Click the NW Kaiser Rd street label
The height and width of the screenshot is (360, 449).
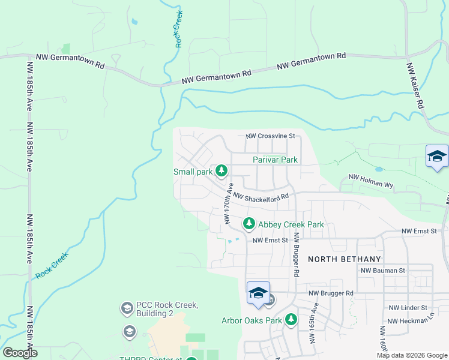415,86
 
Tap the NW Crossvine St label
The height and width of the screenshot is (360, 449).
270,136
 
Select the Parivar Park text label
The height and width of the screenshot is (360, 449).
275,160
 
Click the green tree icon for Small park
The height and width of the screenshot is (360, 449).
221,172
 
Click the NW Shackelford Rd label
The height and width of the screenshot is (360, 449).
261,197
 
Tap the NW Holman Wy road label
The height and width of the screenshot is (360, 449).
370,182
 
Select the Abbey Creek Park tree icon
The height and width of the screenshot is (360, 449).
249,224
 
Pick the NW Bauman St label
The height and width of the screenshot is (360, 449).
383,271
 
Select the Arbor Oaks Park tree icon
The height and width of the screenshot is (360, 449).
291,320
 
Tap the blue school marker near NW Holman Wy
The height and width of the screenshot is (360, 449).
436,157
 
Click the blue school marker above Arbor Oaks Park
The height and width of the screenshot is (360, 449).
258,293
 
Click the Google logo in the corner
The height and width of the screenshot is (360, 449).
20,353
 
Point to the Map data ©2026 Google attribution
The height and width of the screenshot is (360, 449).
412,355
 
